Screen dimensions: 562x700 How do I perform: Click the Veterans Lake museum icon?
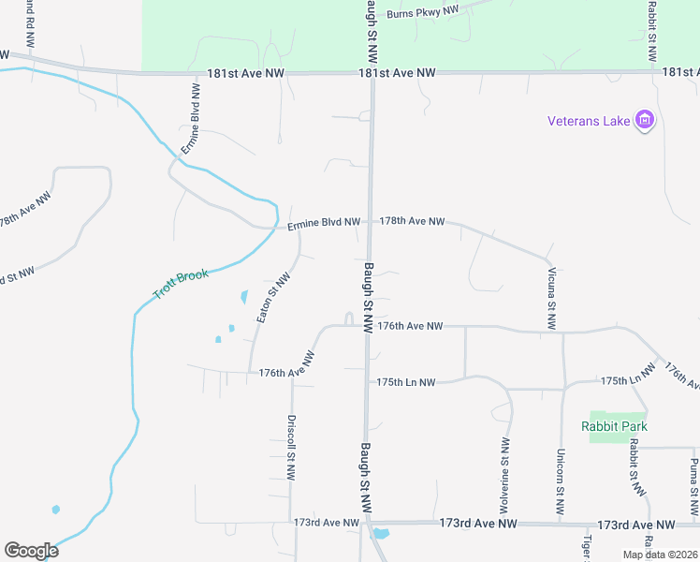coord(644,120)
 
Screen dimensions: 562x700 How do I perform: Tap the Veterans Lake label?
coord(590,120)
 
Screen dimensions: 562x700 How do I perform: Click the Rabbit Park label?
coord(614,426)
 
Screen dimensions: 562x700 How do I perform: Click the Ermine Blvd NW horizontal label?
coord(323,223)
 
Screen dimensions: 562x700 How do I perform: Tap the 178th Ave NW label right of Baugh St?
coord(412,222)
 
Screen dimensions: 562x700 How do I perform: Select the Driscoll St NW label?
coord(292,448)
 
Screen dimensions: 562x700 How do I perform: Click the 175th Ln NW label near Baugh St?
coord(406,382)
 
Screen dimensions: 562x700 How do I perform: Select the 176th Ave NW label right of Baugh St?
coord(409,326)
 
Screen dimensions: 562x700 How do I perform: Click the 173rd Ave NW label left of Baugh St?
coord(326,522)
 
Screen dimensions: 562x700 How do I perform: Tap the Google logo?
coord(32,551)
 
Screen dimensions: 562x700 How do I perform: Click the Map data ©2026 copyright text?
coord(659,555)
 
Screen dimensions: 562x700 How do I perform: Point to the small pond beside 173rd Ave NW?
coord(380,535)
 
